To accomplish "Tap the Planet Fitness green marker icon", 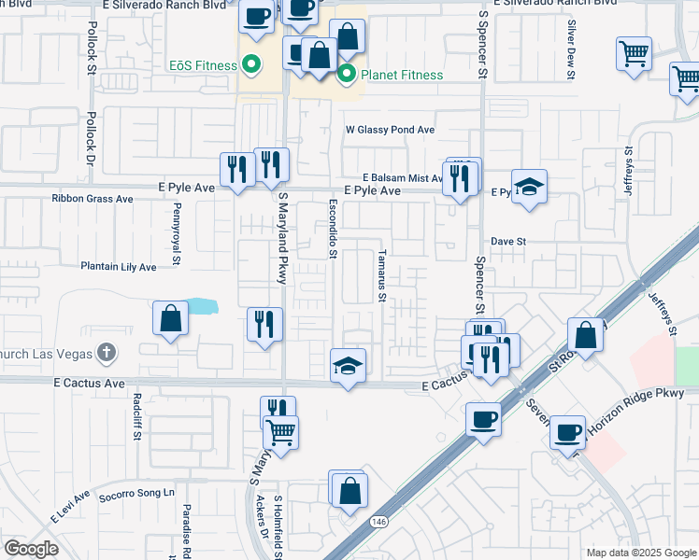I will (x=347, y=74).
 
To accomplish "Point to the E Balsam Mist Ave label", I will (x=403, y=177).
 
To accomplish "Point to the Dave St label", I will (x=509, y=241).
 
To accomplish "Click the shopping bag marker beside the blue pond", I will (x=170, y=318).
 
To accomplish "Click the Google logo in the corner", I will (x=31, y=549).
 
